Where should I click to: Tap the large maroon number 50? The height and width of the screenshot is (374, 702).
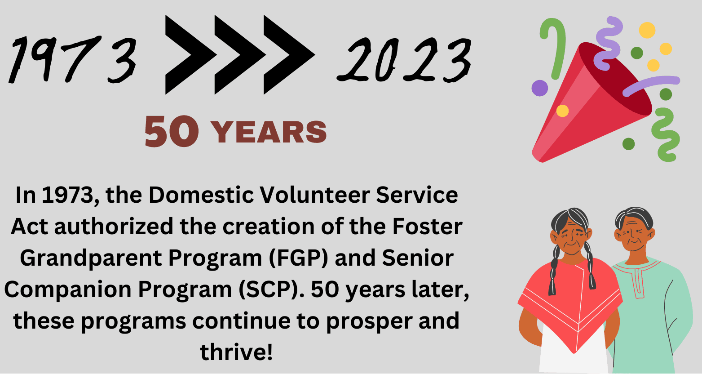[172, 131]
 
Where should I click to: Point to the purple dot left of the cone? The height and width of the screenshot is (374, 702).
[539, 88]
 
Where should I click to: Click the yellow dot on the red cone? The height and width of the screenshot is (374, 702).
[562, 111]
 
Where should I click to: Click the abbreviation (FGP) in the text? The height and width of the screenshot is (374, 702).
[298, 258]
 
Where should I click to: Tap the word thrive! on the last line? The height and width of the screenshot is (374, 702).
[236, 352]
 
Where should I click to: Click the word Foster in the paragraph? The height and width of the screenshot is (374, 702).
[427, 227]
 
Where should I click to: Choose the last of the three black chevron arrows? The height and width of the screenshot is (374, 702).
[287, 55]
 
